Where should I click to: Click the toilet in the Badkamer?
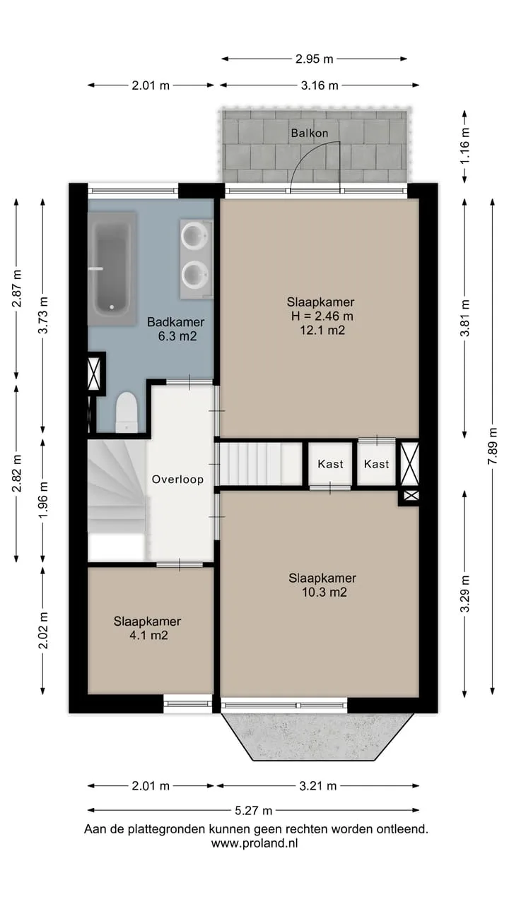[x=127, y=412]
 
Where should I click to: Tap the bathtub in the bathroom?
[x=112, y=269]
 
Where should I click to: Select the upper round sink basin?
[x=194, y=236]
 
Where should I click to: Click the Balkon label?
[x=310, y=133]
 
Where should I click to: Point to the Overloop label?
[x=177, y=479]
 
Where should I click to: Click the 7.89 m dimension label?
[x=493, y=446]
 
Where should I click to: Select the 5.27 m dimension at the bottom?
[x=254, y=810]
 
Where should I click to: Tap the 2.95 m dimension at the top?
[x=314, y=59]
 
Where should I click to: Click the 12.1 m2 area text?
[x=322, y=330]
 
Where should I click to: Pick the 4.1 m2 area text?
[x=148, y=635]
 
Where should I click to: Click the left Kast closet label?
[x=330, y=464]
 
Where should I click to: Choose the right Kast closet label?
[x=377, y=464]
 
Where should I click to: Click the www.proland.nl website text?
[x=255, y=843]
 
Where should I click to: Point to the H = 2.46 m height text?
[x=322, y=316]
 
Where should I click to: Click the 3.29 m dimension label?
[x=464, y=594]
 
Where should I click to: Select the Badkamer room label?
[x=176, y=321]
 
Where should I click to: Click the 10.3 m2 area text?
[x=324, y=592]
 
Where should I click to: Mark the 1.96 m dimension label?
[x=43, y=500]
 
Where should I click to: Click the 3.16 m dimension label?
[x=320, y=85]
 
